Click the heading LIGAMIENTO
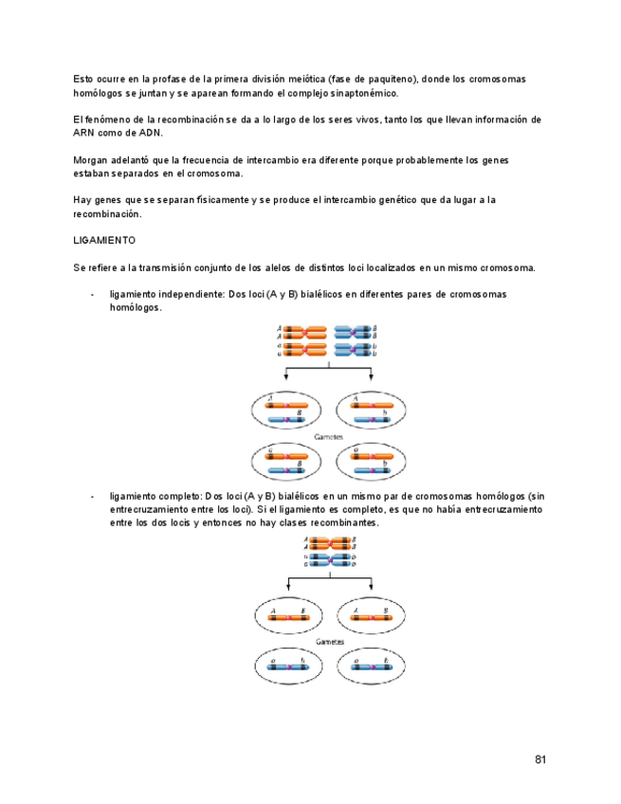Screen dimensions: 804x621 click(104, 241)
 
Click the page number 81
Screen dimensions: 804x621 click(540, 759)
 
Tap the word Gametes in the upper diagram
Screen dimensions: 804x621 click(328, 436)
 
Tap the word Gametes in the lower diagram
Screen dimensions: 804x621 click(329, 641)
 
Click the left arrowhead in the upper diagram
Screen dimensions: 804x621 click(286, 376)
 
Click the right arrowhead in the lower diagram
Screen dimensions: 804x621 click(372, 580)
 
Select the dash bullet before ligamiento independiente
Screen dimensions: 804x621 click(92, 295)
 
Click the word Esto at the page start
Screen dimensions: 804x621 click(83, 79)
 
